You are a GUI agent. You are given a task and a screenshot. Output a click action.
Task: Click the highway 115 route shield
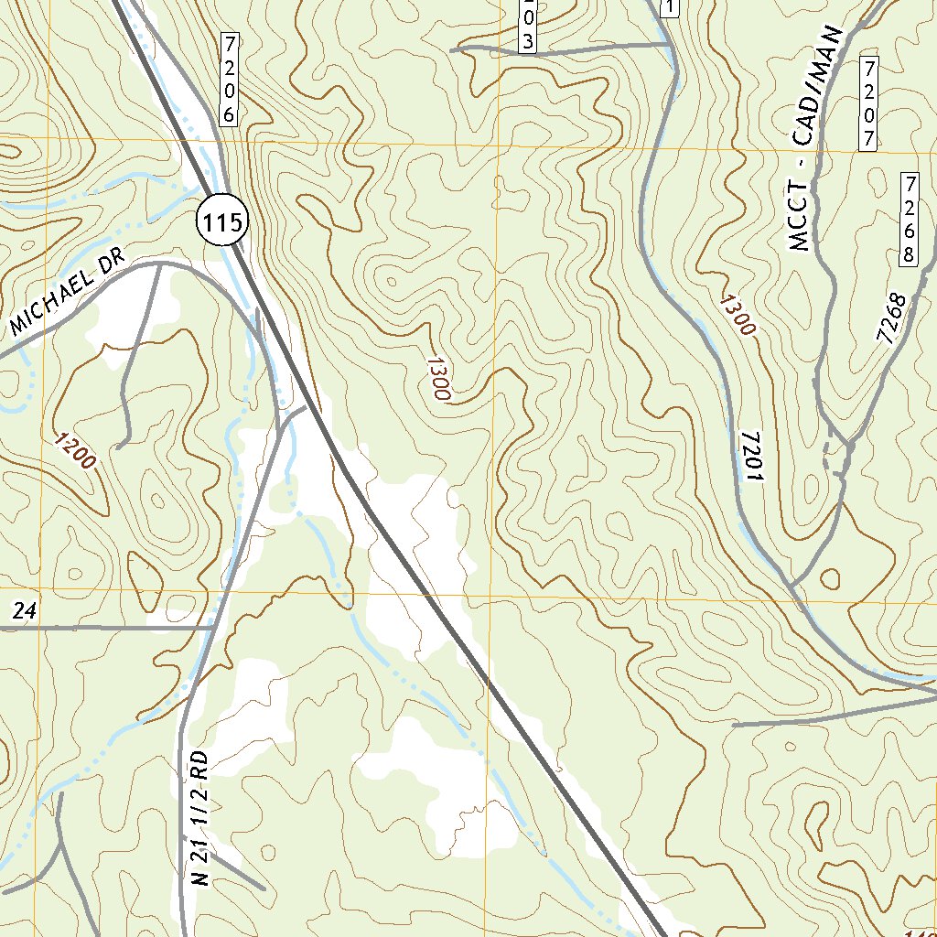click(221, 221)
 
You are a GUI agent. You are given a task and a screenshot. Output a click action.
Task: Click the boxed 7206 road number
click(229, 79)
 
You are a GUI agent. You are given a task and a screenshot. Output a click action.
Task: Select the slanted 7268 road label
click(890, 318)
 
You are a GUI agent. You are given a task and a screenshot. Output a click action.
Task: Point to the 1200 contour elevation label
click(75, 450)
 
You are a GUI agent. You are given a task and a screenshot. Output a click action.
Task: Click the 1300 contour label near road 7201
click(738, 316)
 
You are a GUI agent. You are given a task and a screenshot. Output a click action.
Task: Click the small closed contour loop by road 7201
click(830, 578)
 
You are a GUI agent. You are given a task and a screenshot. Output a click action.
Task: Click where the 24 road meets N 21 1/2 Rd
click(213, 628)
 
